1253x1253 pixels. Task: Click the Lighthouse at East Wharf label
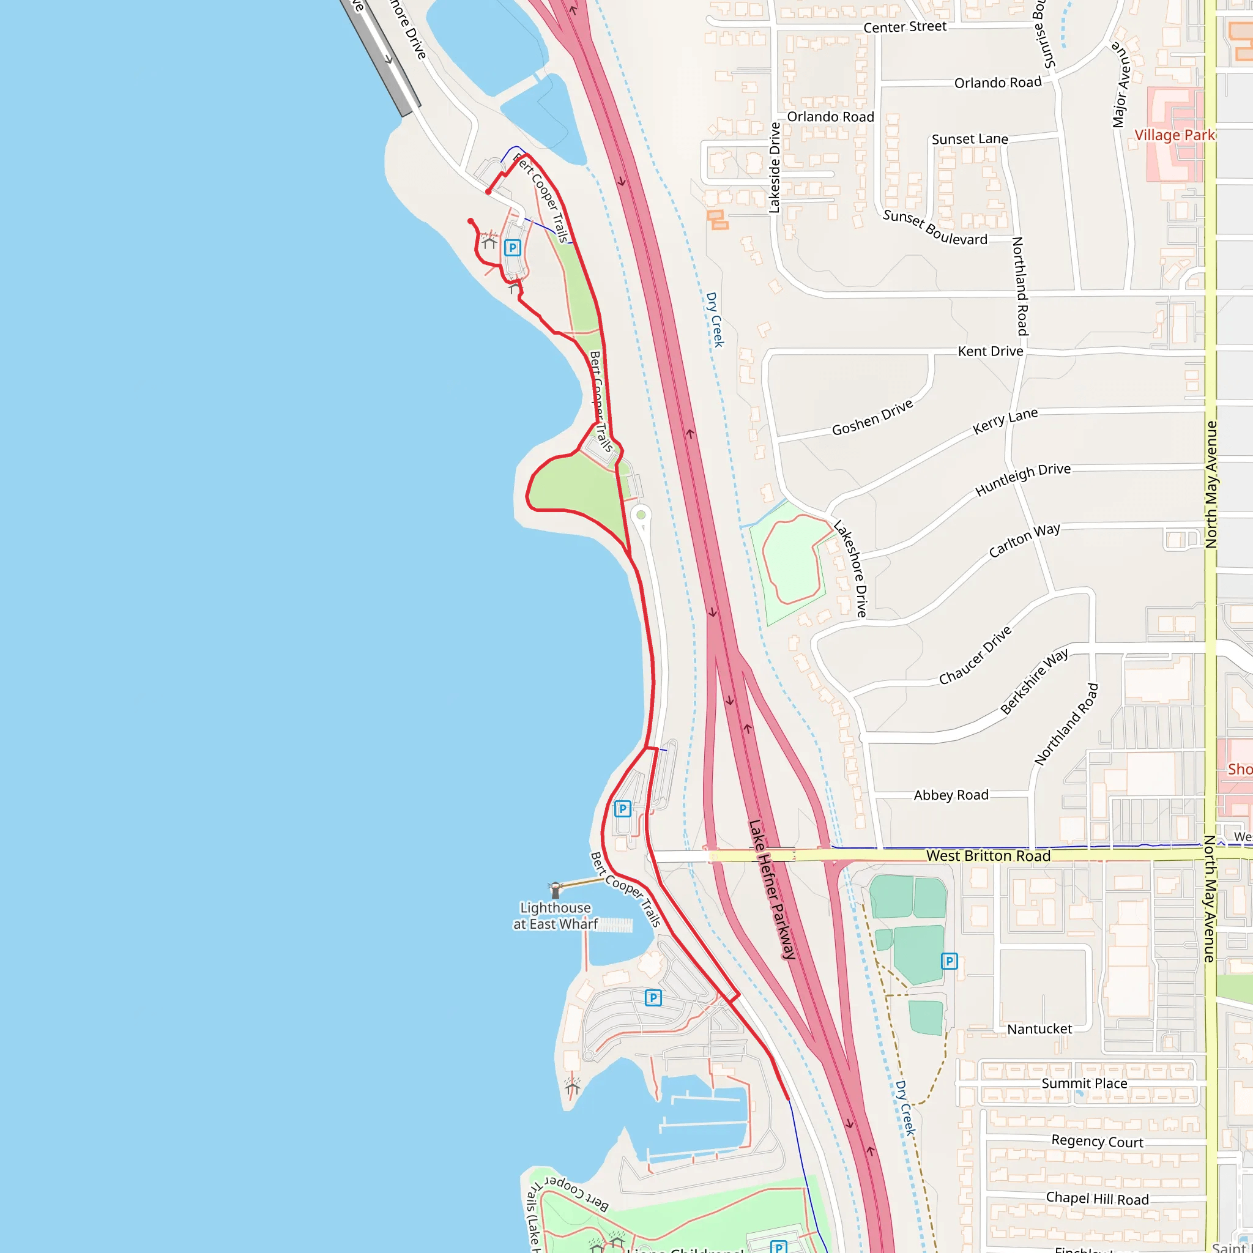click(x=555, y=916)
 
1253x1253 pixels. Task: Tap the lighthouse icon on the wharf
click(x=555, y=889)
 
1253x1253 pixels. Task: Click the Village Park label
click(x=1173, y=135)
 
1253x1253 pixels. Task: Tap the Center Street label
click(x=905, y=26)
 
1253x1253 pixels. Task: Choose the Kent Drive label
click(x=991, y=351)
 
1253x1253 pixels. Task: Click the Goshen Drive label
click(x=872, y=418)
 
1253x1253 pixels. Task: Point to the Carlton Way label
click(x=1024, y=540)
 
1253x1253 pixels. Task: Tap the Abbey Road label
click(x=951, y=795)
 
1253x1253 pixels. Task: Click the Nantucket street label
click(x=1039, y=1028)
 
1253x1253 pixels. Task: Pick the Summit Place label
click(x=1084, y=1083)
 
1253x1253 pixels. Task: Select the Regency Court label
click(x=1098, y=1141)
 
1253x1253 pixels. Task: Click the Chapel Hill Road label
click(x=1098, y=1199)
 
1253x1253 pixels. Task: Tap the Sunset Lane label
click(x=970, y=139)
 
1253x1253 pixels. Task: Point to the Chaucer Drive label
click(x=975, y=655)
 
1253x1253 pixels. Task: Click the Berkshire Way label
click(x=1034, y=681)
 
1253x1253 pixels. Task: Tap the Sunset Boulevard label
click(x=935, y=228)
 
